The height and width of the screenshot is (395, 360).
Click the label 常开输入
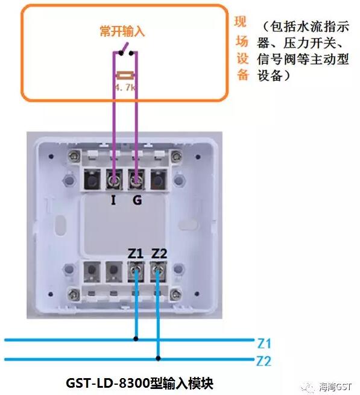click(122, 31)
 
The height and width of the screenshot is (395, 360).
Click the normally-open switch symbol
click(125, 51)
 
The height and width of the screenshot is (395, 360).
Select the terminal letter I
click(113, 200)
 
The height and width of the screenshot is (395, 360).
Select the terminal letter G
click(137, 200)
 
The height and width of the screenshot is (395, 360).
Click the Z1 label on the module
click(136, 253)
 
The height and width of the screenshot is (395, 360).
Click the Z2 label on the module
click(159, 253)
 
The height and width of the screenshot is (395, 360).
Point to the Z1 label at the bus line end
click(264, 344)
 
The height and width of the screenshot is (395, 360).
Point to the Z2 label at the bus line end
click(264, 362)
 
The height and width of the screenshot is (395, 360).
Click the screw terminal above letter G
click(137, 179)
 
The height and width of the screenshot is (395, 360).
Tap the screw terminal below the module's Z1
click(137, 271)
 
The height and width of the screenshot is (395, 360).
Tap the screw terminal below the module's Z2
click(159, 271)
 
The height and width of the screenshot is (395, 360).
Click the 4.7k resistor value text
click(126, 88)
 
